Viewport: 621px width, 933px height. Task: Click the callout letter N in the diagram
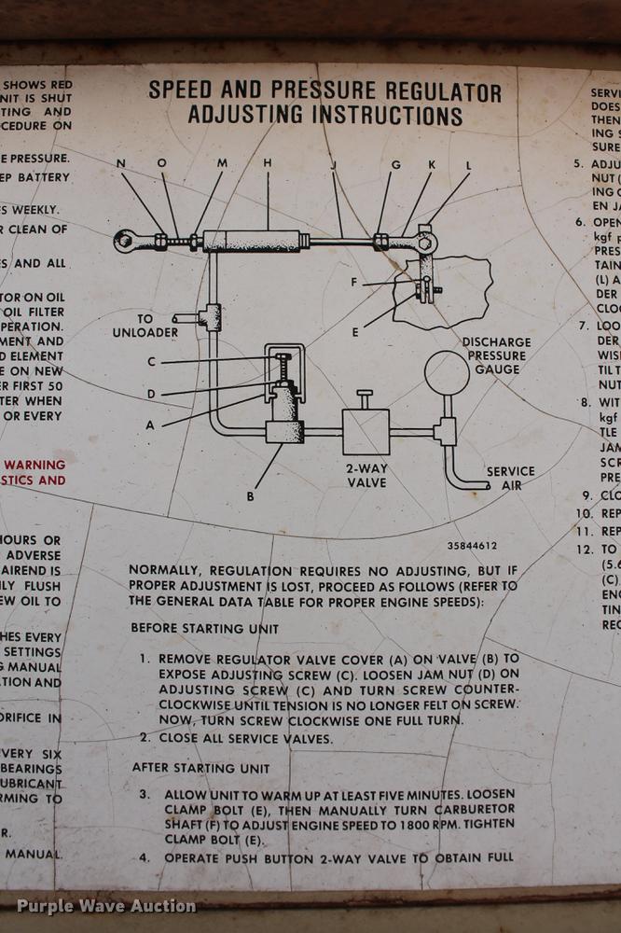[x=120, y=164]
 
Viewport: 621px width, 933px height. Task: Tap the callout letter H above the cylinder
[x=268, y=164]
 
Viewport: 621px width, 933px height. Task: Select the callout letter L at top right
[x=468, y=165]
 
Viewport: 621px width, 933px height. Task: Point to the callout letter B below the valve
[x=250, y=496]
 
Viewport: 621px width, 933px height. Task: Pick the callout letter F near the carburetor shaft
[x=354, y=282]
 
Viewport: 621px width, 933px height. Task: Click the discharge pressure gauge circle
[x=447, y=373]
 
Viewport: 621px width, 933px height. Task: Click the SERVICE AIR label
[x=511, y=478]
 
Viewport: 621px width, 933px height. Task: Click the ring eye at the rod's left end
[x=127, y=241]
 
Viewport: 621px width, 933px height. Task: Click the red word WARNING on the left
[x=34, y=464]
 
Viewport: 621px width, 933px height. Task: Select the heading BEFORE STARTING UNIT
[x=204, y=629]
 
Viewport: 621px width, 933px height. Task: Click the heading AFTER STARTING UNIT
[x=200, y=768]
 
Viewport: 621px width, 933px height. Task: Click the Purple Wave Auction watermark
[x=106, y=906]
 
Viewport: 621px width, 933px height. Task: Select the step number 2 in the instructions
[x=145, y=738]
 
